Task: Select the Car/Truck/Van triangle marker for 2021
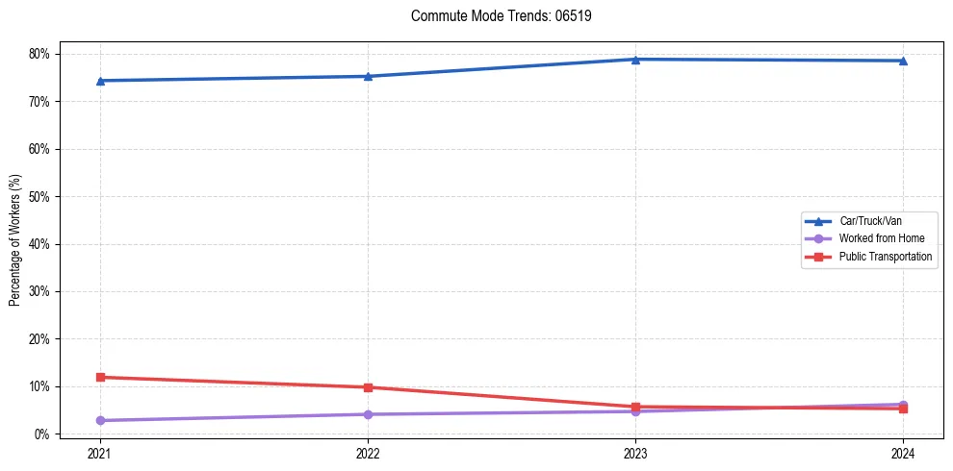[100, 81]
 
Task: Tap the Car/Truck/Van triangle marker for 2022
[368, 76]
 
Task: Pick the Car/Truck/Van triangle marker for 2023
[635, 60]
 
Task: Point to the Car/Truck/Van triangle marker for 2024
[903, 61]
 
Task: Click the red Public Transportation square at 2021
[100, 377]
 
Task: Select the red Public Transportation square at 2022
[368, 387]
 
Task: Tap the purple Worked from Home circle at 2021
[100, 420]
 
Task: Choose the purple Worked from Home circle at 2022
[368, 414]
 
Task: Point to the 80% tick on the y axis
[39, 54]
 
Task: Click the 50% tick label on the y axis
[39, 197]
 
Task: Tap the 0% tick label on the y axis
[41, 434]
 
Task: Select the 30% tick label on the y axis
[39, 292]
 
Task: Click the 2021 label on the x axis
[100, 453]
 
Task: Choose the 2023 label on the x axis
[635, 453]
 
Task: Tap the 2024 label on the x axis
[903, 453]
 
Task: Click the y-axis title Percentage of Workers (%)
[15, 240]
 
